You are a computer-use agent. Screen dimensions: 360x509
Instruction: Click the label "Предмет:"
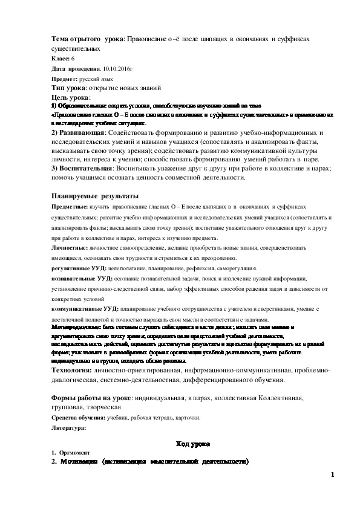pyautogui.click(x=64, y=79)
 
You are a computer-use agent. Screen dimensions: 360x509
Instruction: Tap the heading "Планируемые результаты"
pyautogui.click(x=95, y=196)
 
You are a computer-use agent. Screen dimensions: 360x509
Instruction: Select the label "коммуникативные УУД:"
pyautogui.click(x=85, y=308)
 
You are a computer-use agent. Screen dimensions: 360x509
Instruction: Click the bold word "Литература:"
pyautogui.click(x=69, y=427)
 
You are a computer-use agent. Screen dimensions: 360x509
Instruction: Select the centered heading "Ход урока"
pyautogui.click(x=192, y=444)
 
